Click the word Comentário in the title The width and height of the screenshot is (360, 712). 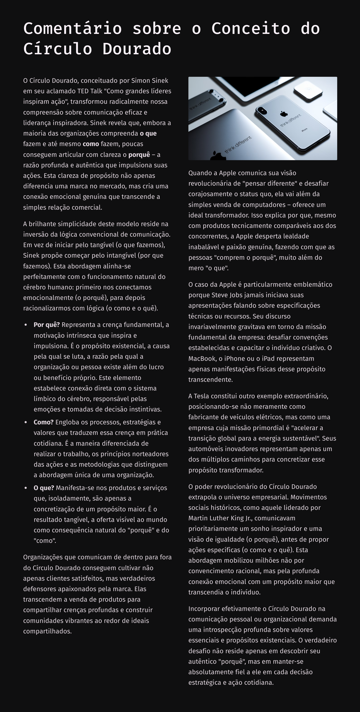click(72, 28)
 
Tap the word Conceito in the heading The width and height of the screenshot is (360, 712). click(250, 28)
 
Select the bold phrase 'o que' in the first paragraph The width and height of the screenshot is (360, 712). click(148, 133)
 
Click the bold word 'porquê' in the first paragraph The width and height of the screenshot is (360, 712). click(139, 154)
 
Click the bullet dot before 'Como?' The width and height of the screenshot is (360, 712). click(26, 422)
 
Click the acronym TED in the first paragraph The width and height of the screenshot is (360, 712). click(83, 91)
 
